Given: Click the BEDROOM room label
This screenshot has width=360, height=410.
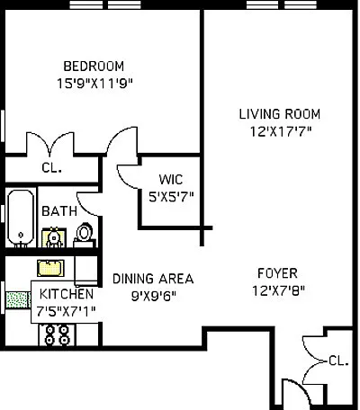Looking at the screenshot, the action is [94, 67].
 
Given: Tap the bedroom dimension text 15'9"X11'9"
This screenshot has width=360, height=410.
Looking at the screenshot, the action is [94, 84].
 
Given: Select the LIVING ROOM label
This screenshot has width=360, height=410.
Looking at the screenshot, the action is [280, 114].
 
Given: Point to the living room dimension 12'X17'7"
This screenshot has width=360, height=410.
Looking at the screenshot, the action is [281, 131].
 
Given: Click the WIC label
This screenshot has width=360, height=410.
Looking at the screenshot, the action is [171, 180].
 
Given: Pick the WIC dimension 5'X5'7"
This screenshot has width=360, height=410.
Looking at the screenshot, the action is [171, 197].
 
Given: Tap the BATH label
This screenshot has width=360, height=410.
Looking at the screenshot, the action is [59, 211].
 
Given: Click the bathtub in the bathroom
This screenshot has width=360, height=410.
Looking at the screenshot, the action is [21, 218].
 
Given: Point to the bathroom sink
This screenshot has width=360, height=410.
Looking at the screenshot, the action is [54, 237].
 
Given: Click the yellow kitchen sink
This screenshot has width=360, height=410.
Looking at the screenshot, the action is [50, 268].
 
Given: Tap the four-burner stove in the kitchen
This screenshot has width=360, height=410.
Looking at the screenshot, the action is [57, 334].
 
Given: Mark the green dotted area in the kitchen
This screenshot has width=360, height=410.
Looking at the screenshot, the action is [18, 299].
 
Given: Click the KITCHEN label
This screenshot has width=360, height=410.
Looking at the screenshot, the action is [67, 294].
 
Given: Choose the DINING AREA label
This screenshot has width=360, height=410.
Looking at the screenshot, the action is [153, 279].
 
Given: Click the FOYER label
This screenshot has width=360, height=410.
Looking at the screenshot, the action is [277, 273].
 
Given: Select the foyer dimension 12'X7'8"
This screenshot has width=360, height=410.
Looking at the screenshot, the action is [278, 290].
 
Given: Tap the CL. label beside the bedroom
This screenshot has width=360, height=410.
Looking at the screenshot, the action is [52, 168].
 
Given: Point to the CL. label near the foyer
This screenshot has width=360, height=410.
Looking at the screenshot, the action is [338, 361].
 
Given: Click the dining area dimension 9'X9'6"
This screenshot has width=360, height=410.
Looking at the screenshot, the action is [153, 296].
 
